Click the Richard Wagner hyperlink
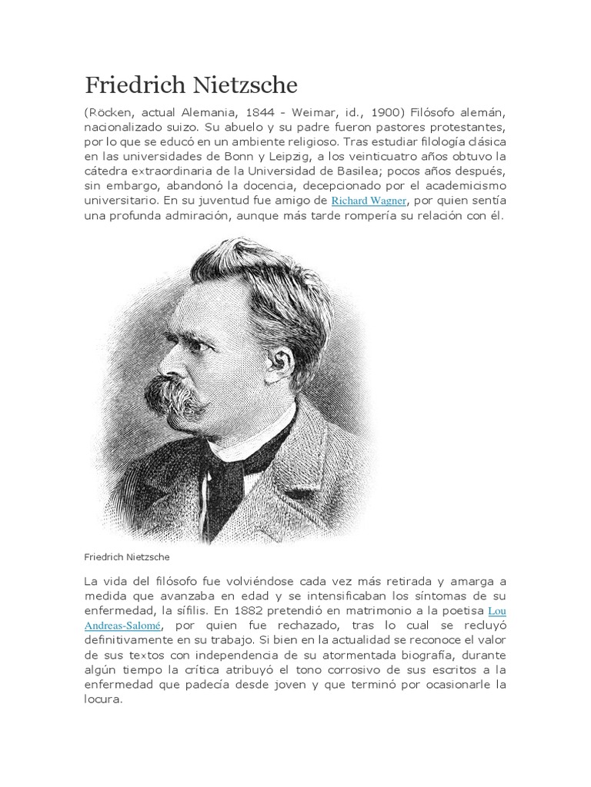tap(368, 201)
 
